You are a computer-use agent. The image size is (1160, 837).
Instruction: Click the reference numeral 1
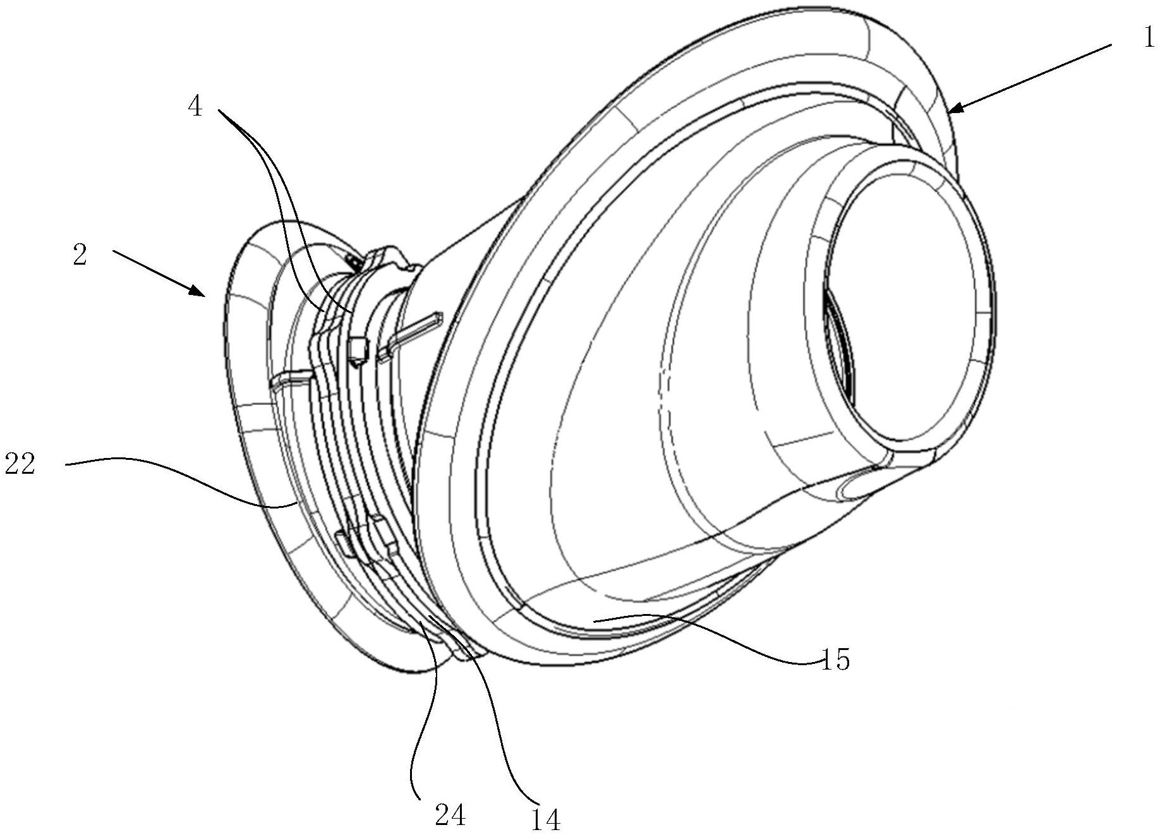click(x=1148, y=38)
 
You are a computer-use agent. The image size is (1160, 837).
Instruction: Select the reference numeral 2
click(x=80, y=256)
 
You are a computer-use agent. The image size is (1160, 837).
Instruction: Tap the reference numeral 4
click(x=195, y=107)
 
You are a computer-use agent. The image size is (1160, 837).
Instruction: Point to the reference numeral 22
click(x=20, y=465)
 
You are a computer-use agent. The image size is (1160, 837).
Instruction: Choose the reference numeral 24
click(x=450, y=815)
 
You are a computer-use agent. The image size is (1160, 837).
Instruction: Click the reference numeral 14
click(x=545, y=819)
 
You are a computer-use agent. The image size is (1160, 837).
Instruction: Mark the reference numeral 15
click(x=835, y=659)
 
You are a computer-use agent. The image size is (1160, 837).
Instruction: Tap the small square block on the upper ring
click(x=357, y=349)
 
